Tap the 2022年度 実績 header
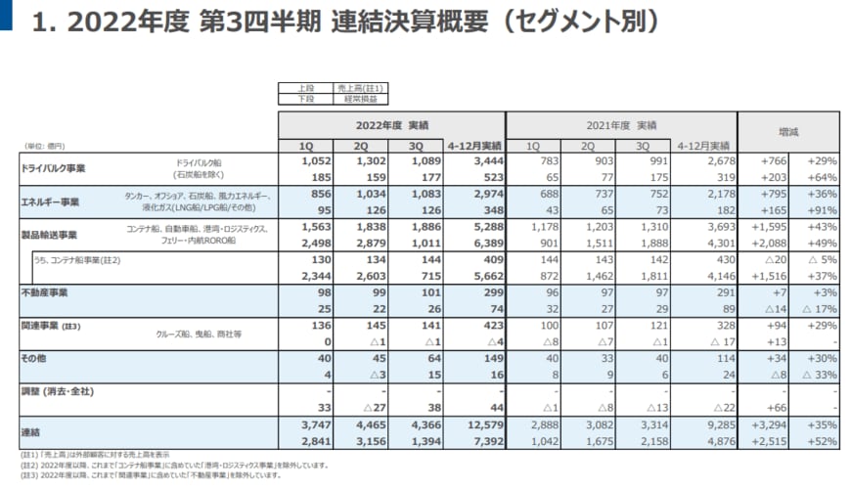click(390, 126)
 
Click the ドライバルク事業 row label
click(54, 168)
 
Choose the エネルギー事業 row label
click(50, 201)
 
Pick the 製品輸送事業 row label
click(49, 236)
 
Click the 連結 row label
click(31, 431)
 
